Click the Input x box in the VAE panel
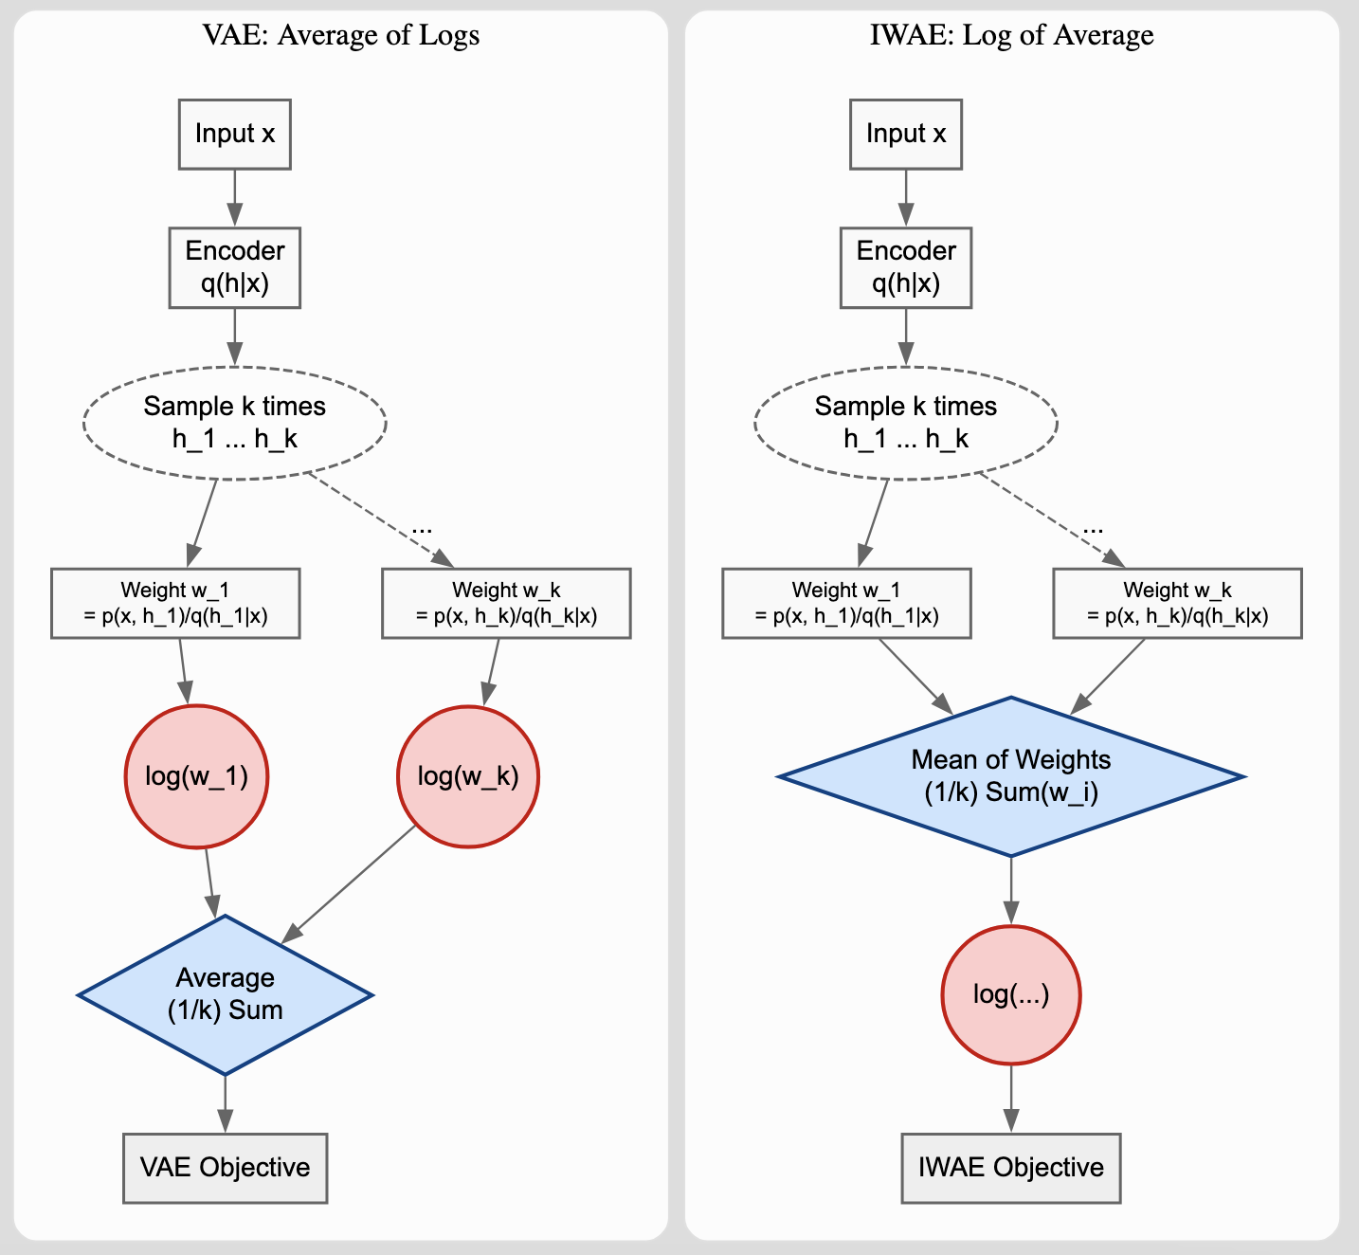tap(234, 135)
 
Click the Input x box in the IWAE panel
tap(905, 135)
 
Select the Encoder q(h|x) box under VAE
tap(234, 267)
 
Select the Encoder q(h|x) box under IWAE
tap(905, 267)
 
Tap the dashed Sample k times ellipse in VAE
tap(234, 422)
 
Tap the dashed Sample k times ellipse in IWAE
tap(905, 422)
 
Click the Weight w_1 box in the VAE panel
tap(175, 603)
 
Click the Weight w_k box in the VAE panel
tap(505, 603)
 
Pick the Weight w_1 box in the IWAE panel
tap(845, 603)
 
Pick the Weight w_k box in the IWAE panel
tap(1176, 603)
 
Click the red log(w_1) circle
tap(196, 776)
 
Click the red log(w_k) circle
tap(468, 776)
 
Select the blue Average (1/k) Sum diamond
tap(225, 994)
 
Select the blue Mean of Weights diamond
tap(1010, 776)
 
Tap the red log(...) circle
tap(1010, 994)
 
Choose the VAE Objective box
tap(225, 1168)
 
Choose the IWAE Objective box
tap(1010, 1168)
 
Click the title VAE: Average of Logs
tap(341, 35)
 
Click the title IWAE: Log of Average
tap(1011, 35)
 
